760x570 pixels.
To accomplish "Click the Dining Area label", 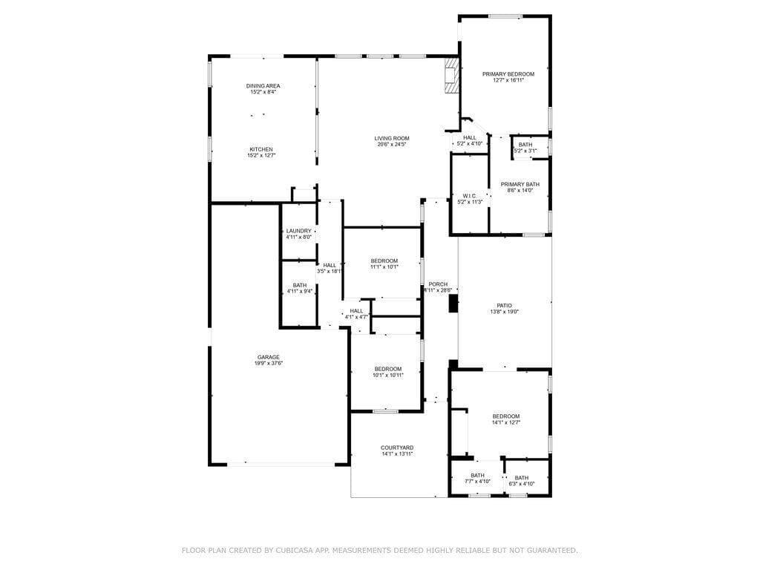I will pyautogui.click(x=263, y=86).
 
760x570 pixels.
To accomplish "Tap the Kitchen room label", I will pyautogui.click(x=261, y=149).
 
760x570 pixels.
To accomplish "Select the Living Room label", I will pyautogui.click(x=391, y=138).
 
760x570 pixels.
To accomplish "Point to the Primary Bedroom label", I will pyautogui.click(x=508, y=74).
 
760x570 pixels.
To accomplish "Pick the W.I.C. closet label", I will pyautogui.click(x=469, y=196).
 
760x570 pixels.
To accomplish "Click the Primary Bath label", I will pyautogui.click(x=520, y=184).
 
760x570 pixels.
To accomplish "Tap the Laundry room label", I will pyautogui.click(x=298, y=231).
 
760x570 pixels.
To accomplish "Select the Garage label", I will pyautogui.click(x=269, y=357).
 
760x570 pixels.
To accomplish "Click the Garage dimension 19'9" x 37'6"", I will pyautogui.click(x=269, y=363).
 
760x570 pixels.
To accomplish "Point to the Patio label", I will pyautogui.click(x=504, y=306).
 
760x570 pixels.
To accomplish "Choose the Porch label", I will pyautogui.click(x=438, y=284).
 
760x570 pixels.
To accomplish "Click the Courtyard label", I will pyautogui.click(x=397, y=448).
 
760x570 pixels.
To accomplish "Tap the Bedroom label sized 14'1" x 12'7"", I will pyautogui.click(x=506, y=416).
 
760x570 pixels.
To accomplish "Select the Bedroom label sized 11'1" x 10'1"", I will pyautogui.click(x=384, y=261).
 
